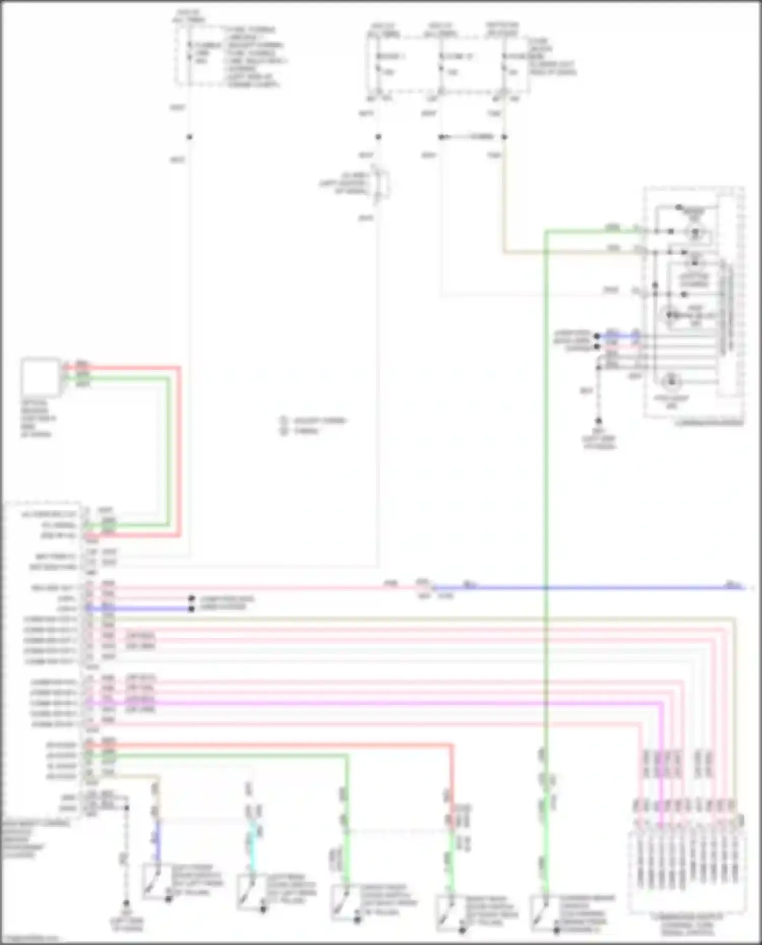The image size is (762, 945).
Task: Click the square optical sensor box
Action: pyautogui.click(x=41, y=376)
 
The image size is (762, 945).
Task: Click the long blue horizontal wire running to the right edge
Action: pyautogui.click(x=584, y=588)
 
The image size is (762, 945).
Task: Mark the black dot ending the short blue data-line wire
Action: pyautogui.click(x=192, y=608)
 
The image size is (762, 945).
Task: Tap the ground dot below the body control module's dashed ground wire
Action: pyautogui.click(x=126, y=903)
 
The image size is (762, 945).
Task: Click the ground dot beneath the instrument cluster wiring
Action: pyautogui.click(x=598, y=421)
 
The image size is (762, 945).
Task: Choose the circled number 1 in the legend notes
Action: pyautogui.click(x=283, y=420)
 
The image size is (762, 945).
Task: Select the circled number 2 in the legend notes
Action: pyautogui.click(x=283, y=431)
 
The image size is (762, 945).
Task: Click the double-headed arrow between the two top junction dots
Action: pyautogui.click(x=472, y=137)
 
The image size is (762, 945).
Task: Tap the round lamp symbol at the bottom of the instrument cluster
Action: pyautogui.click(x=672, y=381)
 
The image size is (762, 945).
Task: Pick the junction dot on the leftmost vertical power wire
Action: pyautogui.click(x=189, y=137)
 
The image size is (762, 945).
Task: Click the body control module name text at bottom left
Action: pyautogui.click(x=30, y=838)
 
